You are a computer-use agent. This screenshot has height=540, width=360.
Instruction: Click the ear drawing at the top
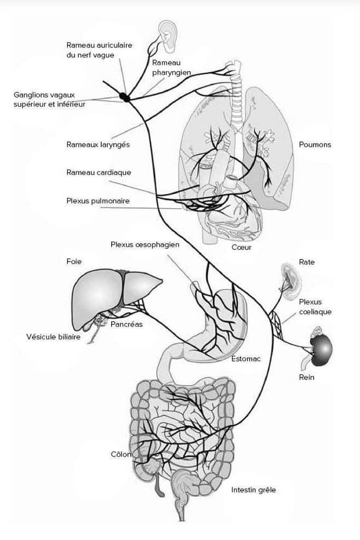tap(168, 36)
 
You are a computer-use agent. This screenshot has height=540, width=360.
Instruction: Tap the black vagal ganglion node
tap(125, 98)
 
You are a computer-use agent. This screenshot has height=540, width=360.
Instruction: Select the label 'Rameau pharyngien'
tap(171, 67)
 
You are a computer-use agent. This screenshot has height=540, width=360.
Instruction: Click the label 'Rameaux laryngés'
tap(98, 144)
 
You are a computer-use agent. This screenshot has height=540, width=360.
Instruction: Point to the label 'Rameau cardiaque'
tap(99, 172)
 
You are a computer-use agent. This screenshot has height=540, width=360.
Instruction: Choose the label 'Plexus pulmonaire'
tap(98, 201)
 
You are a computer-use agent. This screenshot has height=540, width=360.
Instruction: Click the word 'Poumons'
tap(315, 144)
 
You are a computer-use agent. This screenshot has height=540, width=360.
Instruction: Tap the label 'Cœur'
tap(241, 247)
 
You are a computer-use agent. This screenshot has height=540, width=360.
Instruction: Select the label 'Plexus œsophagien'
tap(145, 245)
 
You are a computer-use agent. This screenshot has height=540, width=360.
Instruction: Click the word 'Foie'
tap(74, 262)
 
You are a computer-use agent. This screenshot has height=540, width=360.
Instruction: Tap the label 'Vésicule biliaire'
tap(53, 337)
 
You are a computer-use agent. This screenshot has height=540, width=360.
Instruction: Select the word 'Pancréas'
tap(127, 324)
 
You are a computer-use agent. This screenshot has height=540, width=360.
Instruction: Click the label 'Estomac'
tap(246, 359)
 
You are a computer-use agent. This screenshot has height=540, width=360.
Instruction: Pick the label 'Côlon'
tap(121, 455)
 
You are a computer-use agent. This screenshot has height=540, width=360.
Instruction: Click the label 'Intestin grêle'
tap(254, 490)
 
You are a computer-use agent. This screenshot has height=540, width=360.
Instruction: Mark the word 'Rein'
tap(307, 378)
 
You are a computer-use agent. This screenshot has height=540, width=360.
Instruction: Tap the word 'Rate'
tap(307, 262)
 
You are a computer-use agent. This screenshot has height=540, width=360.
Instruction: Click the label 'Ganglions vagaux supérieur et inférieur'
tap(50, 100)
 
